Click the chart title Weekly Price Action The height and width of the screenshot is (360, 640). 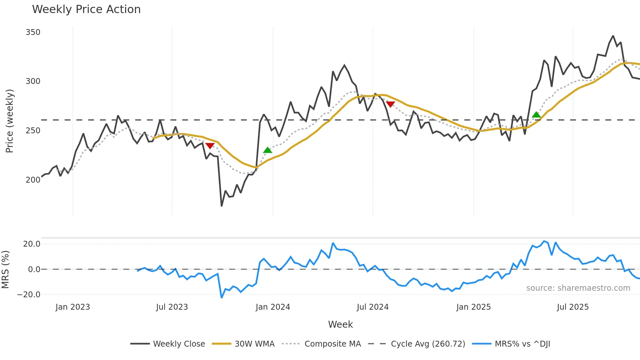click(x=86, y=9)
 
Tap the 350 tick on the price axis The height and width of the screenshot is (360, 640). click(x=33, y=32)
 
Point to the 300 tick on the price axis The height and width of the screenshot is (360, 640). click(x=33, y=81)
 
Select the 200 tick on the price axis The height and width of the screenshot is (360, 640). click(x=33, y=180)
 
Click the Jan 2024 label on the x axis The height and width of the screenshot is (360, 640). click(x=273, y=307)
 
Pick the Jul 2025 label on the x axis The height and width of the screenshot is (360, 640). click(x=573, y=307)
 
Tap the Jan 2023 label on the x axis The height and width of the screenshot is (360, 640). click(x=72, y=307)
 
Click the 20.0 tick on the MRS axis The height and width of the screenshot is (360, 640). click(x=32, y=244)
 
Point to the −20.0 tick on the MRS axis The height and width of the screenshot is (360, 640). click(x=29, y=294)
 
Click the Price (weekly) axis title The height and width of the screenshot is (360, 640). click(x=9, y=121)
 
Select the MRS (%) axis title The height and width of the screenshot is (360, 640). click(x=5, y=270)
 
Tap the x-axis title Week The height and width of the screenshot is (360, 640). click(x=340, y=324)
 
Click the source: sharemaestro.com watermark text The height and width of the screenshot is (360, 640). click(x=578, y=288)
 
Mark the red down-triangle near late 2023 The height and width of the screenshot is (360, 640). click(x=210, y=146)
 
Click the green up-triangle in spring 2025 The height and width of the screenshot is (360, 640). click(x=536, y=115)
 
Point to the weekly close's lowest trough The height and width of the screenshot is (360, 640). click(x=222, y=206)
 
